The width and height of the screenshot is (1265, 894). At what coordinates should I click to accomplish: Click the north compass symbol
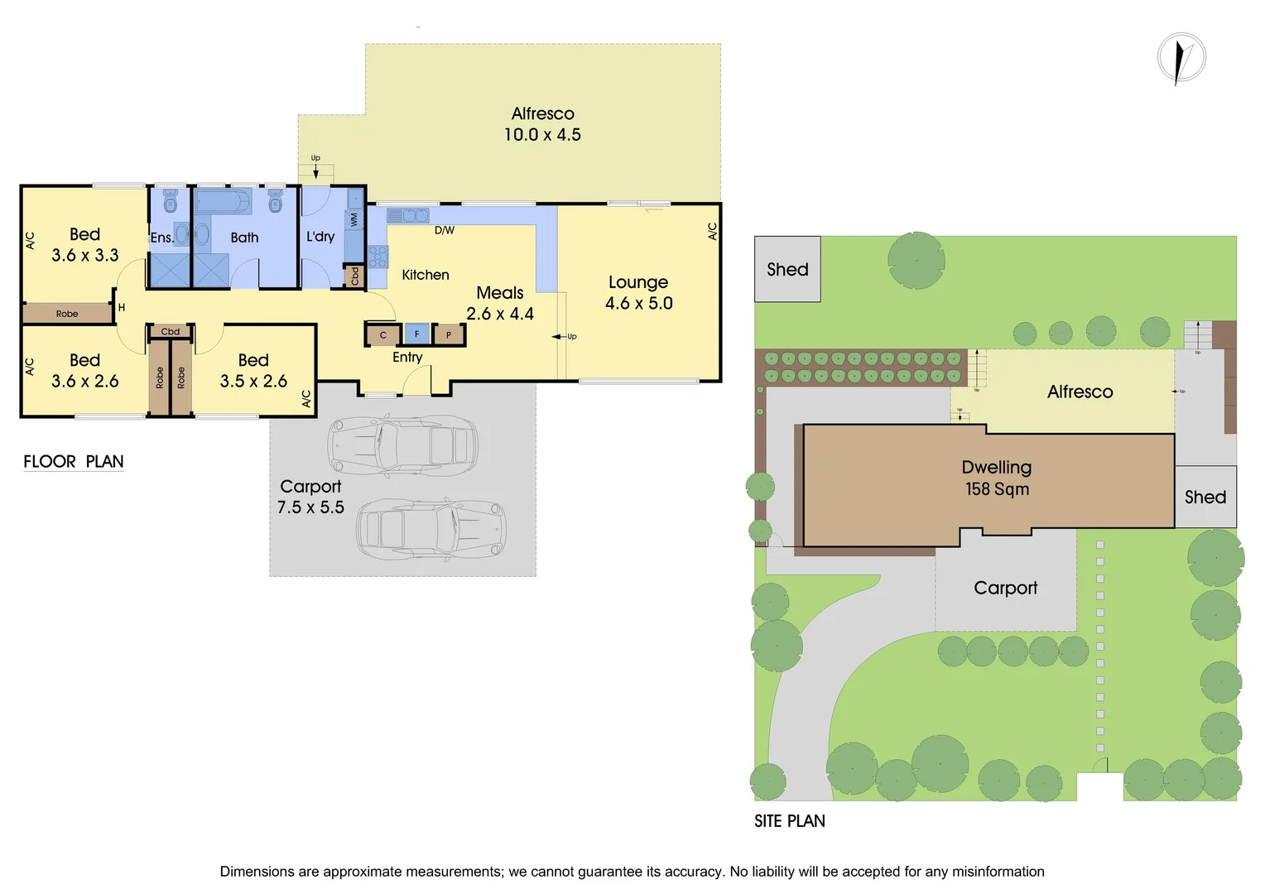point(1181,58)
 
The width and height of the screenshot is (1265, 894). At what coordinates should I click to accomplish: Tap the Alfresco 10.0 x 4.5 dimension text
point(542,135)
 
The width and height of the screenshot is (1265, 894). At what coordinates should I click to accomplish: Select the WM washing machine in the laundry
point(354,219)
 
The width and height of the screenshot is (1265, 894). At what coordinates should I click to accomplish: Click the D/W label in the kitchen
point(445,230)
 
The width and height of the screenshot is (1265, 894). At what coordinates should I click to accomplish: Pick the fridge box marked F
point(416,334)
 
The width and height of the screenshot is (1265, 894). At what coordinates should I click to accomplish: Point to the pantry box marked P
point(449,335)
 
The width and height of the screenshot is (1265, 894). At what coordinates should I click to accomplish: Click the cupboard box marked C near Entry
point(382,335)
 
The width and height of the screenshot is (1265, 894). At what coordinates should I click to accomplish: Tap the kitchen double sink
point(407,216)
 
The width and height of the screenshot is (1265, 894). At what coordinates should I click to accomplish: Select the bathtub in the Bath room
point(224,201)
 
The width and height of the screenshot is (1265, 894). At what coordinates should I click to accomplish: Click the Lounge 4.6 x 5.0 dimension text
point(638,303)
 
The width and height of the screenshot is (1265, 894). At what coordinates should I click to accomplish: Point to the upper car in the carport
point(403,445)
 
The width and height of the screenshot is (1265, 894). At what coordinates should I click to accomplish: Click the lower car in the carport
point(431,527)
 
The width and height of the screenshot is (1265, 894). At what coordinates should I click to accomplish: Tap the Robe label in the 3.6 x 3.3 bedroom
point(67,314)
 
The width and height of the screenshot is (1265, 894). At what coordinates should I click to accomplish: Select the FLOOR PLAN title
point(74,462)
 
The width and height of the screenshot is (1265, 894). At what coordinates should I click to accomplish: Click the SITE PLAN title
point(789,821)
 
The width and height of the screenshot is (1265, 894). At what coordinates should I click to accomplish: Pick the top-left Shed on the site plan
point(787,269)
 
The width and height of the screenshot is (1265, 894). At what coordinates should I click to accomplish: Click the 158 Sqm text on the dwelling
point(997,489)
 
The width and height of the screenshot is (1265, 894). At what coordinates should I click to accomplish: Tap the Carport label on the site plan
point(1005,588)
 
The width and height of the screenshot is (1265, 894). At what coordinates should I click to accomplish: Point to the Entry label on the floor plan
point(407,357)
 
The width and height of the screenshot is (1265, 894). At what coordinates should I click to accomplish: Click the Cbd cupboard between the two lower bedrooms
point(171,332)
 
